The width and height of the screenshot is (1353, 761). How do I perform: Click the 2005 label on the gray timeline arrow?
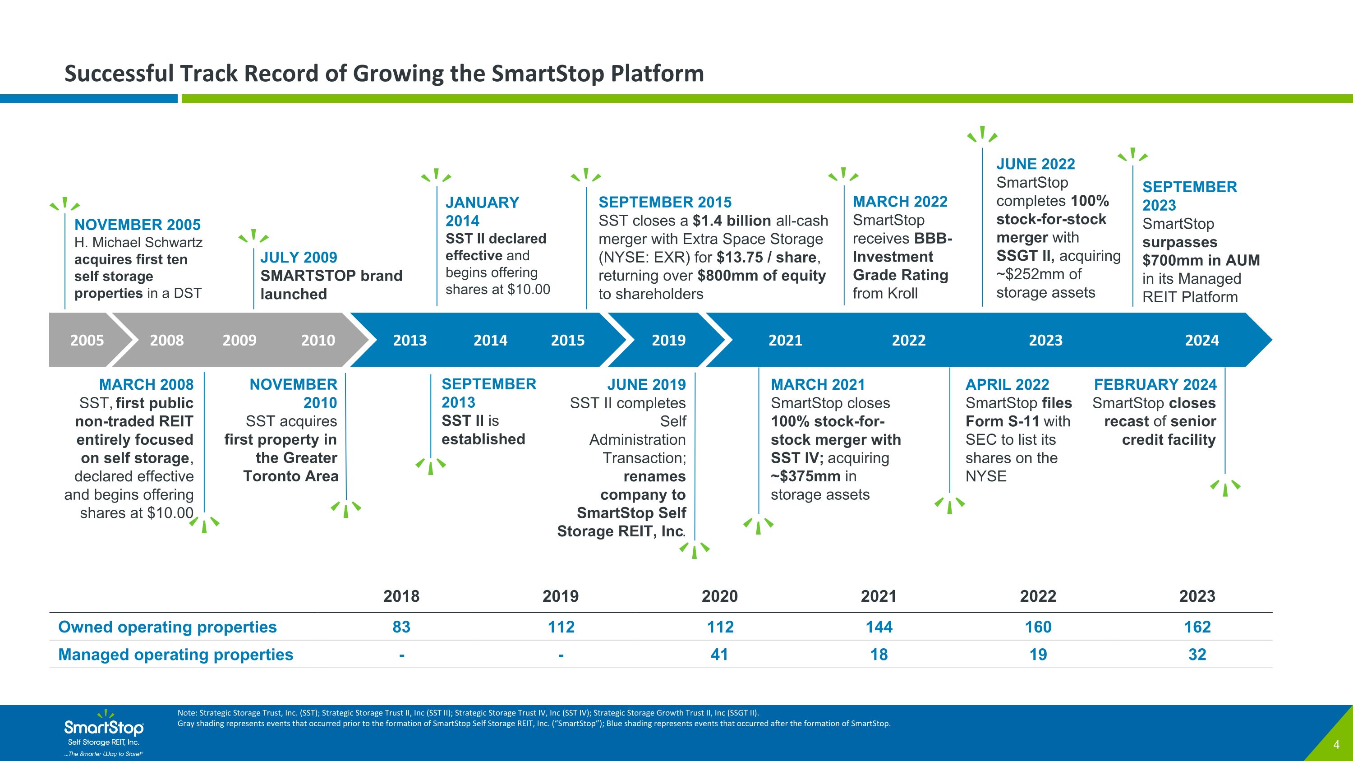coord(87,340)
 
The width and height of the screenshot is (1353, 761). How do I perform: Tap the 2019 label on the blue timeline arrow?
coord(669,340)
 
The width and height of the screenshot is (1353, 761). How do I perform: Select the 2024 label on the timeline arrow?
coord(1202,340)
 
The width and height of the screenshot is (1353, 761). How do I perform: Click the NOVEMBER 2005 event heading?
coord(138,225)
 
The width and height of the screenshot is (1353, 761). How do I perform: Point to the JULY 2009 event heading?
coord(299,257)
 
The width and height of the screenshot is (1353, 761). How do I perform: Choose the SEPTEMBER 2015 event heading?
coord(665,202)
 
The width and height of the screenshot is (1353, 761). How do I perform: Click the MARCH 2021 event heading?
coord(818,384)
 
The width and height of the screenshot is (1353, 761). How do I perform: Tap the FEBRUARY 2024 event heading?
coord(1155,384)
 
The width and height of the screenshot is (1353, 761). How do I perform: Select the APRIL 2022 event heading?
coord(1008,384)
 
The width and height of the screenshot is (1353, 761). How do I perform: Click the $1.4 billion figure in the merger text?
coord(731,221)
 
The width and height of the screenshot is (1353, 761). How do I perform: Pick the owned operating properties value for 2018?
coord(401,627)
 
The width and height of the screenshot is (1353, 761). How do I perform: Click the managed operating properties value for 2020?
coord(719,655)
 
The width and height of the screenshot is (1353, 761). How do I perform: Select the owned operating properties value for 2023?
coord(1197,627)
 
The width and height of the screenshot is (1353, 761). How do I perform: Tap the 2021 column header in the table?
coord(879,596)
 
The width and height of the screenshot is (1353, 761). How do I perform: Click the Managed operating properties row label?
coord(176,655)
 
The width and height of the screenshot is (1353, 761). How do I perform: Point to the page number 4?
coord(1337,744)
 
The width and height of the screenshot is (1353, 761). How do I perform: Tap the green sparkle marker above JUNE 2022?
coord(982,134)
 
